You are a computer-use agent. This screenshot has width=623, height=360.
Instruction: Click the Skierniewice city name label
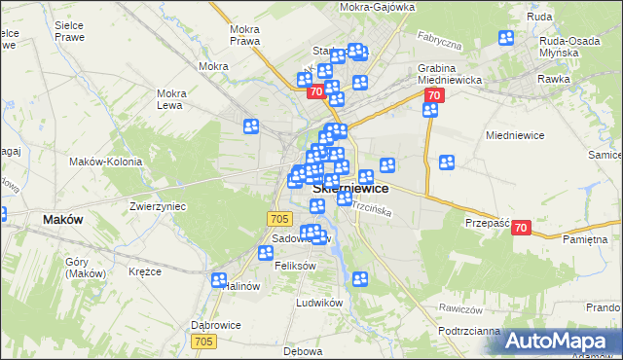coord(351,189)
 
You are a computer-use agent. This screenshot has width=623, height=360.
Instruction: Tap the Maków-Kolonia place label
coord(106,162)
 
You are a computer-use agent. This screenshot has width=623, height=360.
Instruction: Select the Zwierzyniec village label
coord(158,207)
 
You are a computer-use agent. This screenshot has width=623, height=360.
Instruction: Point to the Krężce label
coord(144,271)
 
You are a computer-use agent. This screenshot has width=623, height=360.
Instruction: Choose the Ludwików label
coord(320,303)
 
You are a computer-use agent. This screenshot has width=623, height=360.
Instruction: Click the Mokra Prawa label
coord(243,35)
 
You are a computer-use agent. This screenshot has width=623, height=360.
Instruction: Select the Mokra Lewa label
coord(171,99)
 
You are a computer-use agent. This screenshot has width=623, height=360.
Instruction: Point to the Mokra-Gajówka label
coord(378,7)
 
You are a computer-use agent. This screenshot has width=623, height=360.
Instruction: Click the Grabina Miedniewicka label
coord(444,74)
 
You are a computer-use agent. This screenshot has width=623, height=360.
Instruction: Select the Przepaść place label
coord(488,223)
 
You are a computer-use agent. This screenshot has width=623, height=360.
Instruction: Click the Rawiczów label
coord(460,308)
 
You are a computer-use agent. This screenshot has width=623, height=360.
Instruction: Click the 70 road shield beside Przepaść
coord(520,228)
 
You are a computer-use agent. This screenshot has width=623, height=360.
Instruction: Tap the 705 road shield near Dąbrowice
coord(203,342)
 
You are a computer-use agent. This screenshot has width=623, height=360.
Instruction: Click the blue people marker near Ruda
coord(506,38)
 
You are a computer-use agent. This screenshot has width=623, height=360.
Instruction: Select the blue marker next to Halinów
coord(219,280)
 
